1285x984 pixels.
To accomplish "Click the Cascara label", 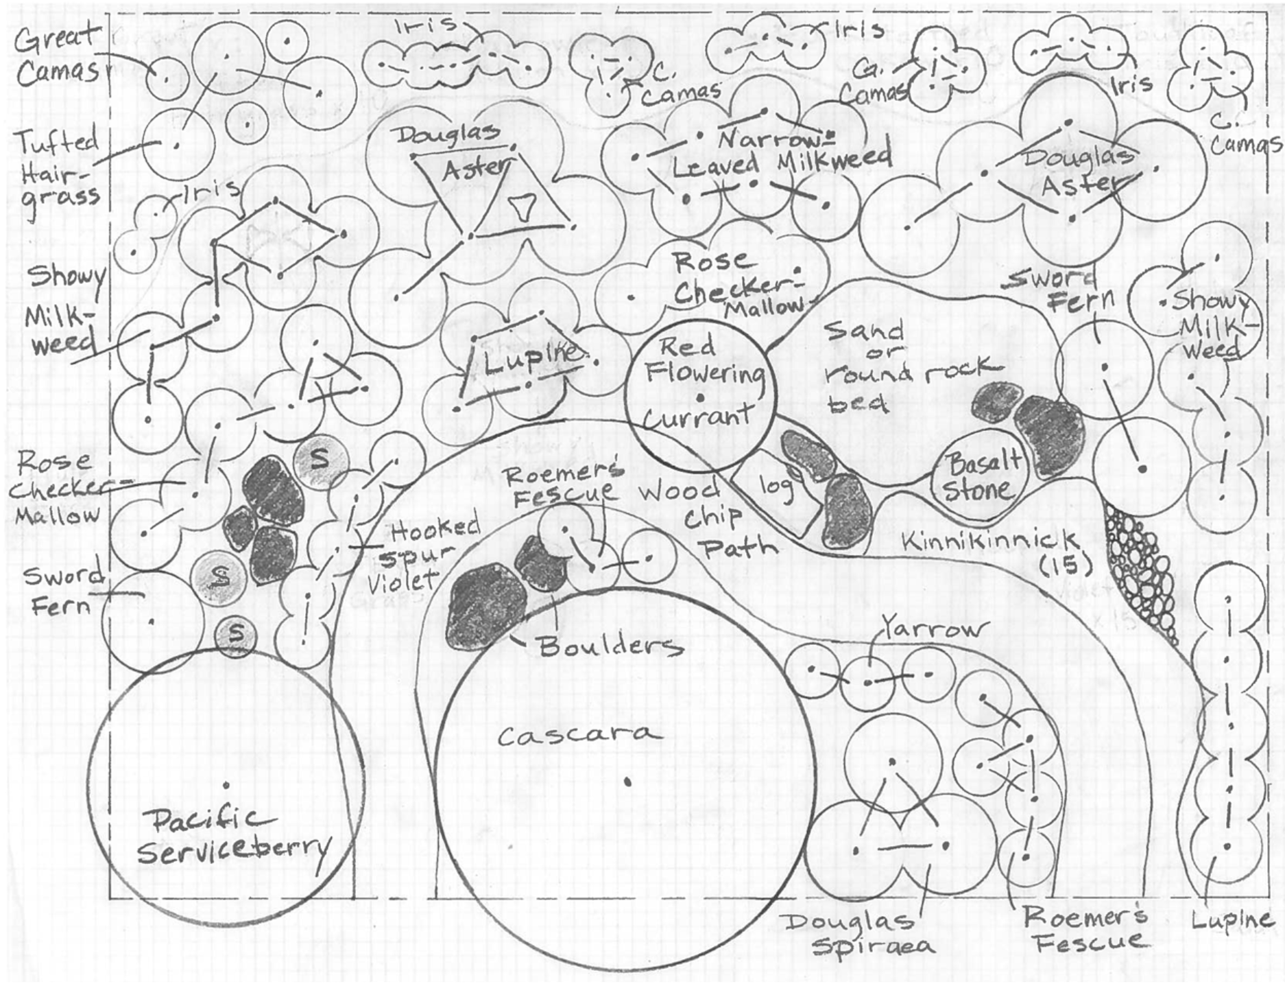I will tap(579, 735).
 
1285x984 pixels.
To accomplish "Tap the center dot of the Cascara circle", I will tap(627, 781).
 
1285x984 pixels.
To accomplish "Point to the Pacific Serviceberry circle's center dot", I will tap(226, 784).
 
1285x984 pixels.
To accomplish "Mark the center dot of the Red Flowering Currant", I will tap(699, 397).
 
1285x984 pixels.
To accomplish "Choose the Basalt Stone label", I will tap(981, 478).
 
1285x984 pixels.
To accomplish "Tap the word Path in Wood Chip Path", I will tap(738, 547).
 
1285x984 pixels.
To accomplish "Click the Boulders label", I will tap(610, 646).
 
